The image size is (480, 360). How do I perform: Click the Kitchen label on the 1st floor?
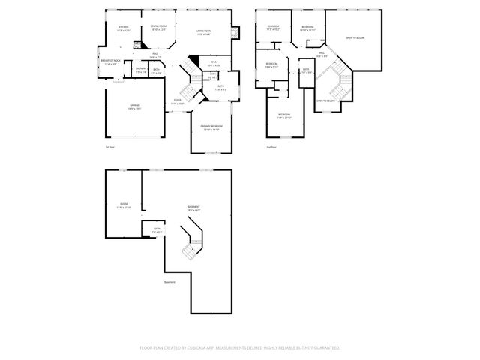click(x=124, y=28)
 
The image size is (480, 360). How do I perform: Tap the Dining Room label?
click(x=157, y=28)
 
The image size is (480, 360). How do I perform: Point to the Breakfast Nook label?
click(x=111, y=62)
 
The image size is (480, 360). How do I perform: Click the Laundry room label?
click(x=140, y=70)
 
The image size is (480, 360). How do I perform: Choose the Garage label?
click(x=134, y=106)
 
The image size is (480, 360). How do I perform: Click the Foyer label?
click(x=178, y=101)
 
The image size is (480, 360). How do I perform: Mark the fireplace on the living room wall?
click(x=238, y=33)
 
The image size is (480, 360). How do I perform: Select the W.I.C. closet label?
click(x=212, y=63)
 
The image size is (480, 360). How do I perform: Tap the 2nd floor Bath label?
click(x=306, y=70)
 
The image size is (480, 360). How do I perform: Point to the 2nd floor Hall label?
click(x=321, y=54)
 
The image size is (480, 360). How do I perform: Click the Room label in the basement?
click(x=124, y=205)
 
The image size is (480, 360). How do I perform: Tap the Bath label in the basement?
click(x=157, y=229)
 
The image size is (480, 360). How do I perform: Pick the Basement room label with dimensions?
click(x=193, y=208)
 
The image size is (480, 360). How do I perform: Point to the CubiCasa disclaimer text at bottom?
click(x=240, y=348)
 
